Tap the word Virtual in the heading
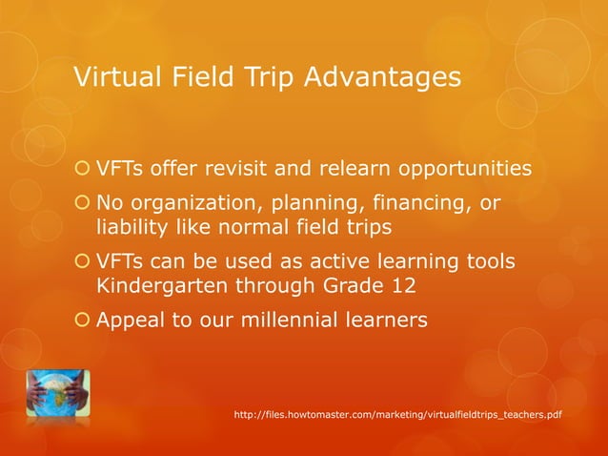(111, 76)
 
